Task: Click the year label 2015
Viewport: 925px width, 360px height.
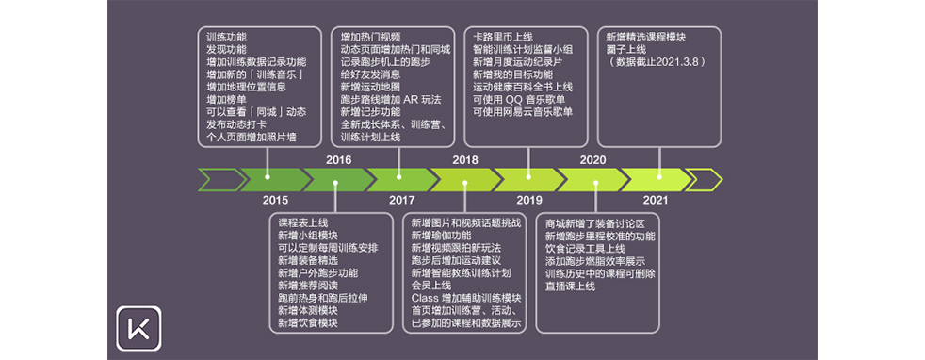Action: tap(275, 200)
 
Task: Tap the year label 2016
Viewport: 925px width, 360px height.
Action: tap(338, 160)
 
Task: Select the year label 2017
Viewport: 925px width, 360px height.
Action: tap(401, 200)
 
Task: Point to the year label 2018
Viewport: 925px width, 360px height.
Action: tap(465, 160)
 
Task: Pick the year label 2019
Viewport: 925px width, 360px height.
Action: tap(529, 200)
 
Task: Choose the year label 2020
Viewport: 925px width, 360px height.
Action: tap(592, 160)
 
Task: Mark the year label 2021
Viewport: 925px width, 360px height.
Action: tap(656, 200)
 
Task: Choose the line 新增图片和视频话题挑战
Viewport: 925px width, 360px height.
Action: tap(465, 223)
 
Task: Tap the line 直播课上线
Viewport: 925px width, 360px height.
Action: tap(571, 285)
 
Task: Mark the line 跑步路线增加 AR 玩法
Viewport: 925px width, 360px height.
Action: tap(392, 99)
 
